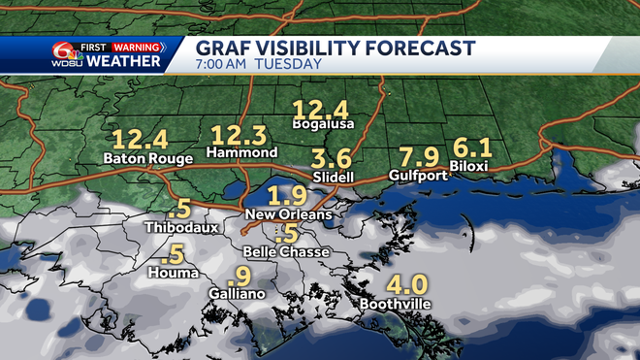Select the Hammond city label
[x=243, y=153]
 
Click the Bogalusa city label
[x=324, y=124]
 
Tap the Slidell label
[x=335, y=178]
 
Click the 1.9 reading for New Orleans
[x=287, y=194]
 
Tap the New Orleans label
[x=288, y=213]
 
